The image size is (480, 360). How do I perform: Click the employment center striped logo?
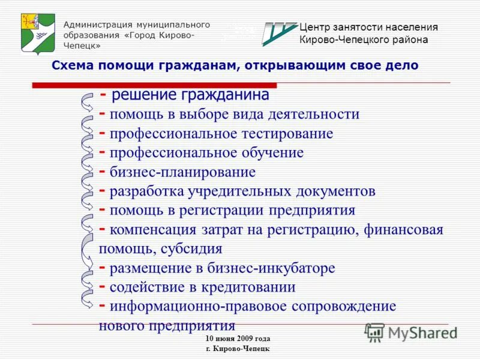[x=279, y=34]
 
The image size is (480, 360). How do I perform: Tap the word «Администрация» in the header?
[x=98, y=25]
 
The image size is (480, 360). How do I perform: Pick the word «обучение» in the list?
[x=274, y=152]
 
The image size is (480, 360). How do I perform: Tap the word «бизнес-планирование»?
[x=182, y=172]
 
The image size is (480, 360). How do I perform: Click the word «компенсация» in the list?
[x=153, y=230]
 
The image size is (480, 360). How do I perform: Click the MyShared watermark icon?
[x=375, y=332]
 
